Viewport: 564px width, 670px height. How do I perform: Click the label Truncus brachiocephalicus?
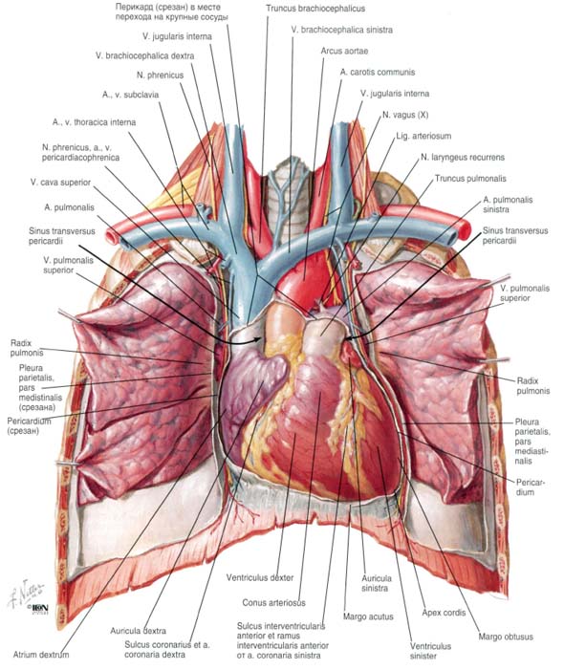pyautogui.click(x=315, y=8)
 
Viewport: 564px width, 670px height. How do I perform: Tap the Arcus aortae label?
pyautogui.click(x=344, y=51)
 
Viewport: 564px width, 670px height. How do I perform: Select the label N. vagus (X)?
pyautogui.click(x=405, y=115)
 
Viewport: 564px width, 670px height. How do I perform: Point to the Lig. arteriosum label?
pyautogui.click(x=423, y=136)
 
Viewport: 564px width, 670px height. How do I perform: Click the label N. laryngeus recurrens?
pyautogui.click(x=463, y=158)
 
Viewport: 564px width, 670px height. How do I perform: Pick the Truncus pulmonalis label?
pyautogui.click(x=470, y=178)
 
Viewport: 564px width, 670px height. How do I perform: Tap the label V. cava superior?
pyautogui.click(x=60, y=183)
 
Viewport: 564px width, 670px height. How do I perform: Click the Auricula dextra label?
pyautogui.click(x=138, y=631)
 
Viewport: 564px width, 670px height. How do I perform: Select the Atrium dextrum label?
pyautogui.click(x=41, y=654)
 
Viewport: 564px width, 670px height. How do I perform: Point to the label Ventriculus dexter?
pyautogui.click(x=260, y=577)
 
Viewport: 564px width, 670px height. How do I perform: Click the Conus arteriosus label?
pyautogui.click(x=274, y=602)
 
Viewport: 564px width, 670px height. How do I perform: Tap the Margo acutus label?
pyautogui.click(x=368, y=616)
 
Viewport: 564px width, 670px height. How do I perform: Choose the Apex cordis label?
pyautogui.click(x=444, y=613)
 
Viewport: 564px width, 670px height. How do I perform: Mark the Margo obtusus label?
pyautogui.click(x=506, y=637)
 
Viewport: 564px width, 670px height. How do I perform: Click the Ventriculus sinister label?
pyautogui.click(x=430, y=651)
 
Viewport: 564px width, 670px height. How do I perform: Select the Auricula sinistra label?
pyautogui.click(x=375, y=583)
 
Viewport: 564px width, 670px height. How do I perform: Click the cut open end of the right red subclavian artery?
pyautogui.click(x=111, y=236)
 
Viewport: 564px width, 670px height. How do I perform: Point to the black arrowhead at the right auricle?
pyautogui.click(x=257, y=339)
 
